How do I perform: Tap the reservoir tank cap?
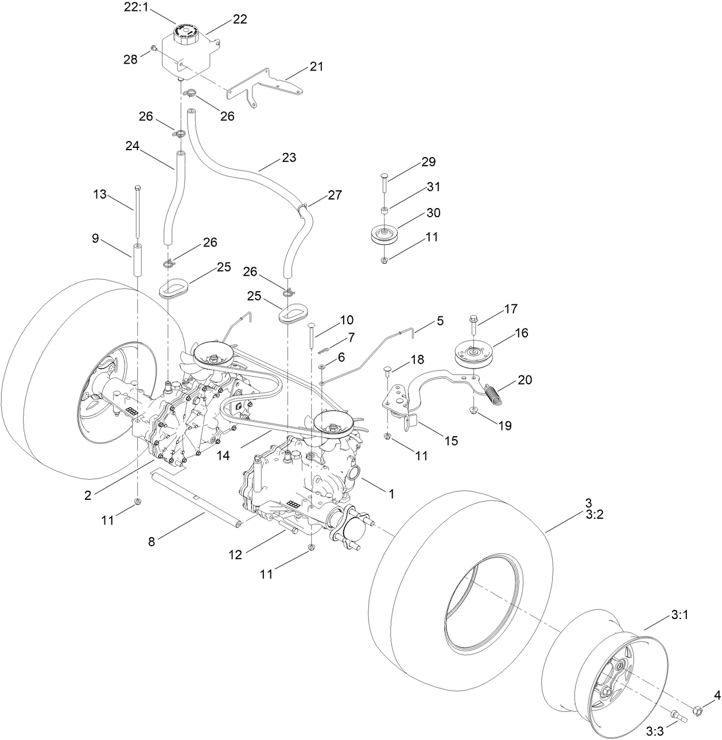pyautogui.click(x=188, y=32)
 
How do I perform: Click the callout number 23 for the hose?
pyautogui.click(x=289, y=157)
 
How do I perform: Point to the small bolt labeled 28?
pyautogui.click(x=154, y=49)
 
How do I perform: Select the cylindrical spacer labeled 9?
pyautogui.click(x=138, y=260)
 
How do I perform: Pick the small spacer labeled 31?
pyautogui.click(x=385, y=210)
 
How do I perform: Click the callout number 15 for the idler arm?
pyautogui.click(x=451, y=440)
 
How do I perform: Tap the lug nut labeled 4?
pyautogui.click(x=698, y=711)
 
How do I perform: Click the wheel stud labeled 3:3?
pyautogui.click(x=677, y=715)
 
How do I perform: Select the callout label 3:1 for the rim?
pyautogui.click(x=680, y=615)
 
